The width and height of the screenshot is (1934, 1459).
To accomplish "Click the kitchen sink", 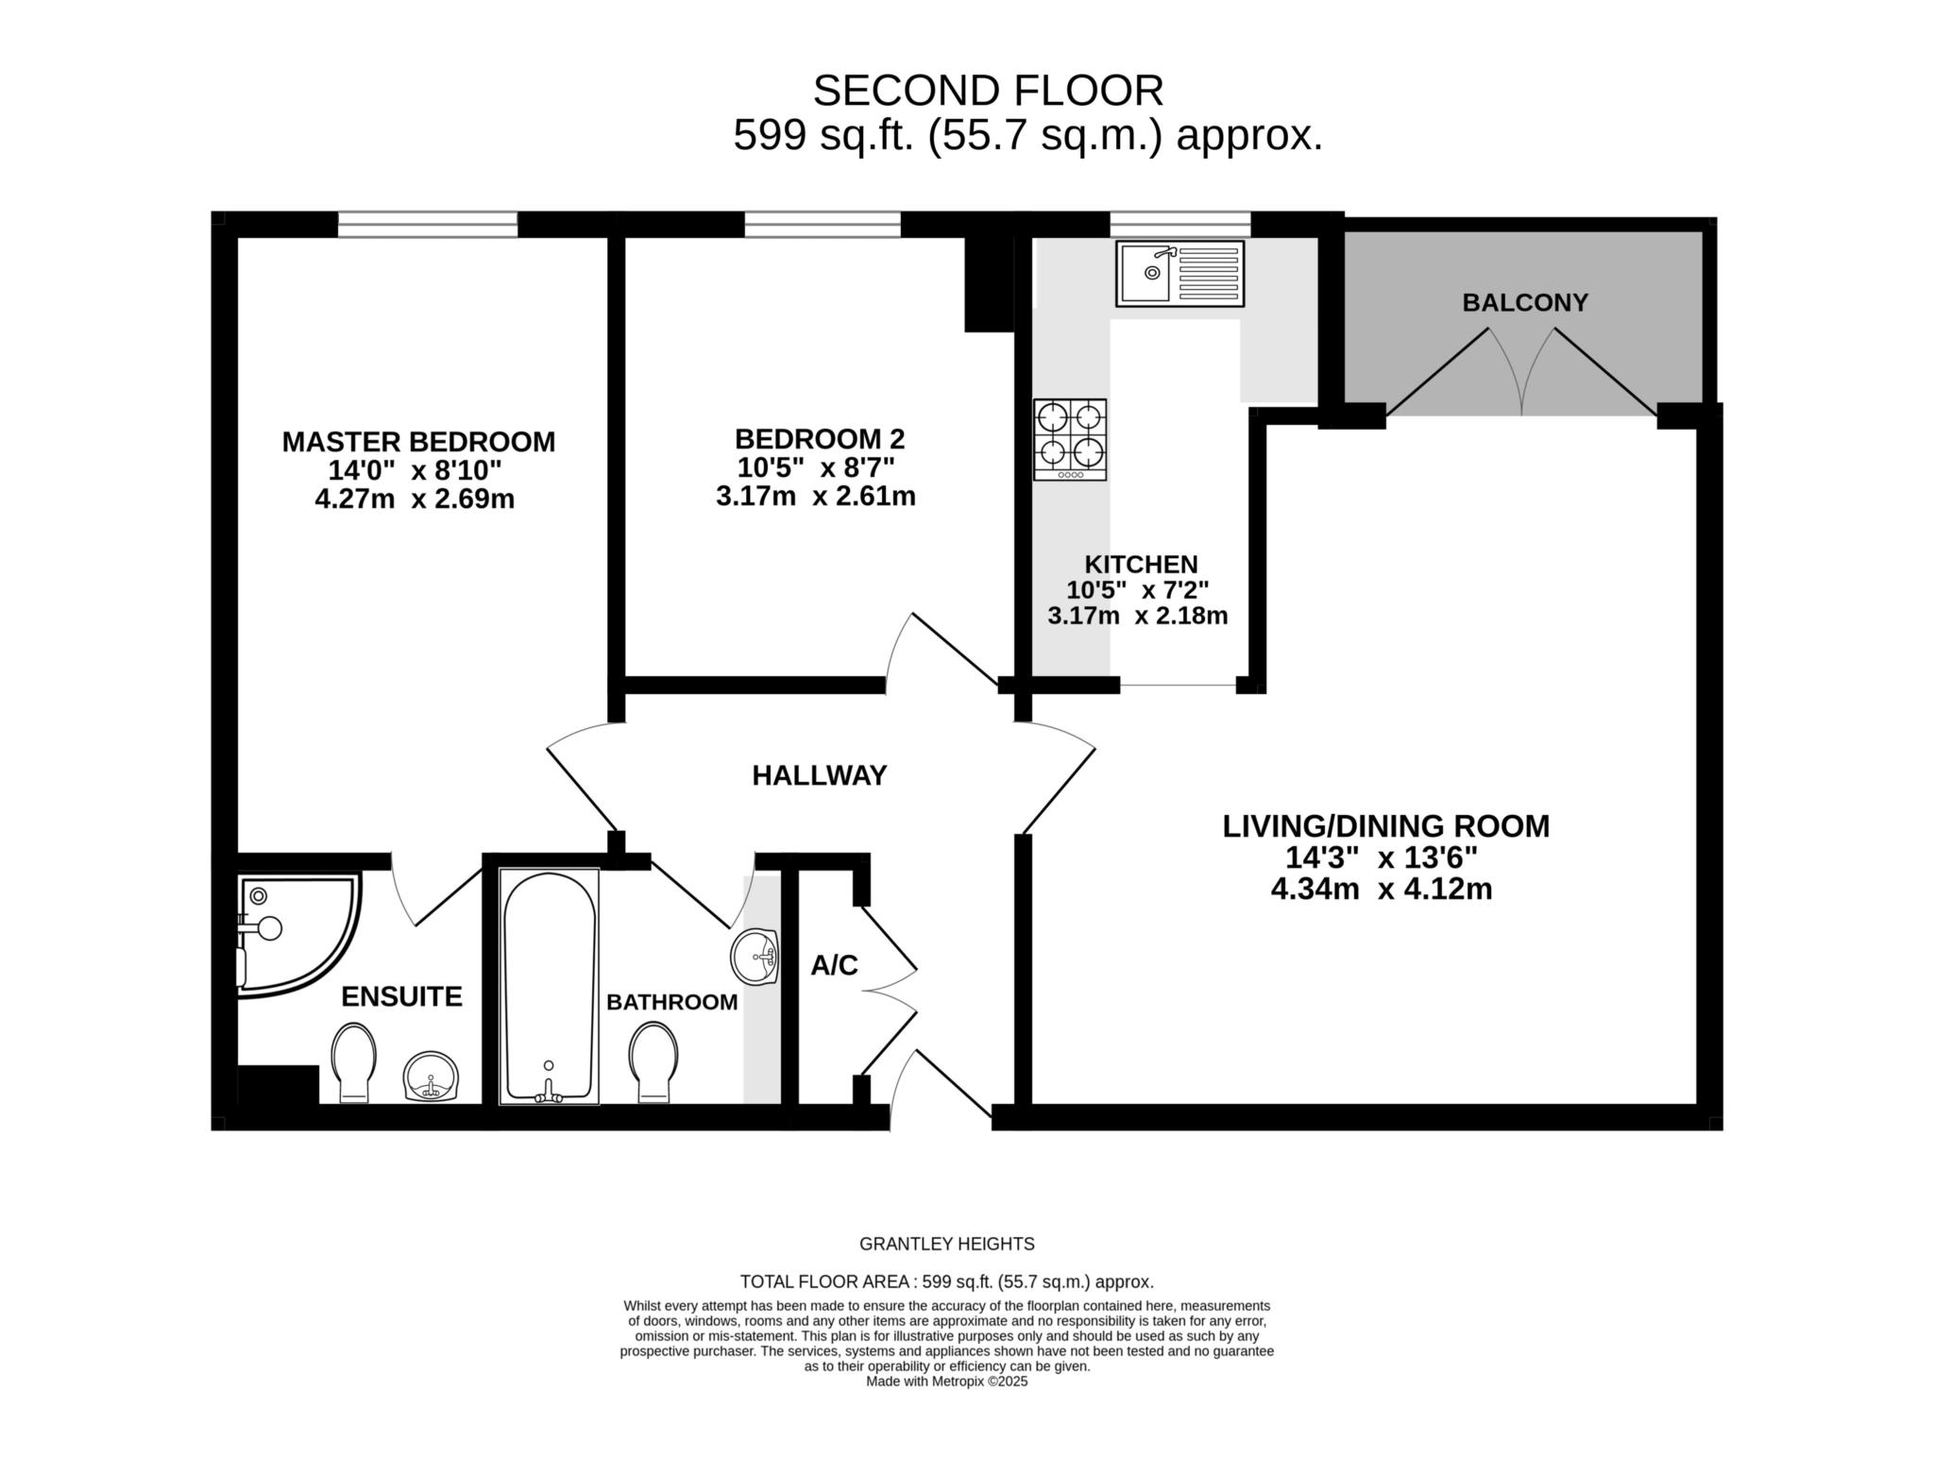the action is point(1179,274).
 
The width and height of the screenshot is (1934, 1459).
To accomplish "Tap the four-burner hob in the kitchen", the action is point(1070,440).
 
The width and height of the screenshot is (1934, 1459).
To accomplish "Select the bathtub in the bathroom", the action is point(549,986).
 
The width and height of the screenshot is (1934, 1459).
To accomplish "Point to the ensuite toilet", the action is point(354,1063).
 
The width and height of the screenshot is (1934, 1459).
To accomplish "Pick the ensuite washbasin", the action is point(432,1077).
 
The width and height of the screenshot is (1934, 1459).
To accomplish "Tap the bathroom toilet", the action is point(653,1061).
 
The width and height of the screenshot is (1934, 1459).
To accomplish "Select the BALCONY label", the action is point(1525,302).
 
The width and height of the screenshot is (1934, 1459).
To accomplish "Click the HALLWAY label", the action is point(820,775).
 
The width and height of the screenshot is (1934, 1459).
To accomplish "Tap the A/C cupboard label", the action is point(834,965).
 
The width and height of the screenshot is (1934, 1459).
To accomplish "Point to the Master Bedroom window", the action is point(428,225).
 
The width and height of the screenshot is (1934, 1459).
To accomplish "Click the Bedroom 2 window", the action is point(823,225).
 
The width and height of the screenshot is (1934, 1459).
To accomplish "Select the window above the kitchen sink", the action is point(1180,225).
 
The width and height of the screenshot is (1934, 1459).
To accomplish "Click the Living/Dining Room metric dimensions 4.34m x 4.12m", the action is point(1382,890).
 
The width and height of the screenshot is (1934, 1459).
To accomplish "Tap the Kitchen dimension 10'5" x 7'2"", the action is point(1138,590).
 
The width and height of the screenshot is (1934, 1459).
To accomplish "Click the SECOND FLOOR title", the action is point(989,91).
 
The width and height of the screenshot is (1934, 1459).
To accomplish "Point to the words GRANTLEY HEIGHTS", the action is point(947,1244).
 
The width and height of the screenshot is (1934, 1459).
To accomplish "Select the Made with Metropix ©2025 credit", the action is point(947,1381).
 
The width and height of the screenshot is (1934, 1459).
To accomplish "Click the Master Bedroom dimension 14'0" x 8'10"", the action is point(416,470).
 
